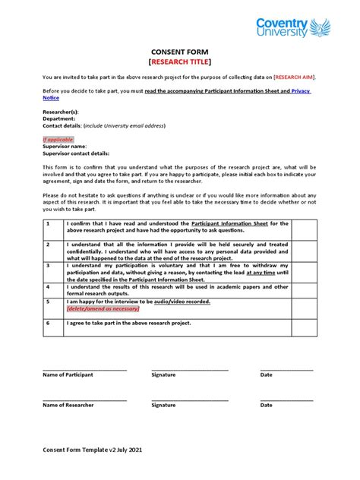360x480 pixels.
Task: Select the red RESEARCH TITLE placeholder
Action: (180, 62)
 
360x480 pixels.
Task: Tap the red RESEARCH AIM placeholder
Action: (293, 77)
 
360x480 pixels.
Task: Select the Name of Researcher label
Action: (68, 405)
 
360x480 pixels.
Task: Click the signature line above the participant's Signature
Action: (189, 369)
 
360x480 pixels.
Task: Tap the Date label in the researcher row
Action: (266, 405)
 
